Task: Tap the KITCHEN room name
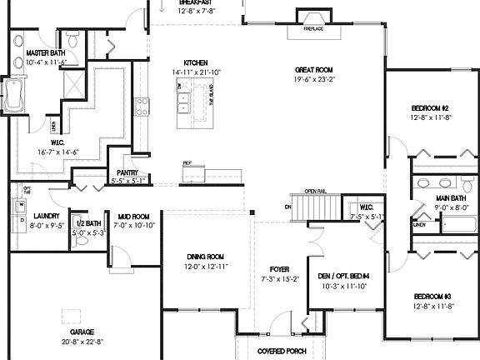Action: click(x=196, y=62)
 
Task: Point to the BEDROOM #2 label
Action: click(x=430, y=108)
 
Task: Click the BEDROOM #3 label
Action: click(x=431, y=297)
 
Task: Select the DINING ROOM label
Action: click(x=205, y=257)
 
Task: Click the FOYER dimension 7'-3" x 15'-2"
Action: click(x=279, y=280)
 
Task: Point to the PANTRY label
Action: click(x=127, y=172)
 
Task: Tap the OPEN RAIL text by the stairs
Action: click(x=315, y=191)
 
